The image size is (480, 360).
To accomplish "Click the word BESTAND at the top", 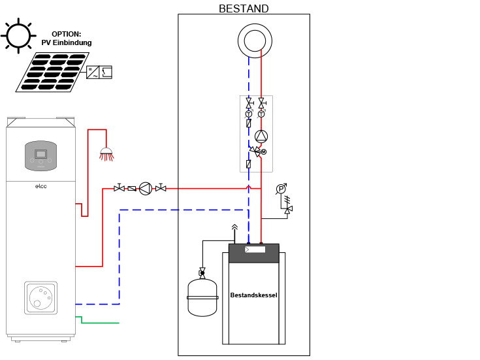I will coord(244,8).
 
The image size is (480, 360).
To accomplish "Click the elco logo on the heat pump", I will coord(40,186).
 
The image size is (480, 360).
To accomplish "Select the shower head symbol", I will coord(105,155).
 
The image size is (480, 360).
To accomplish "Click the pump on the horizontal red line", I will coord(145,188).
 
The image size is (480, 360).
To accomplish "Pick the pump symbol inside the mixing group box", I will coord(261,137).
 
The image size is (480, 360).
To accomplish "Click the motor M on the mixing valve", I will coord(264,152).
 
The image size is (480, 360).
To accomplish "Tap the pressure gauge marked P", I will coord(281,189).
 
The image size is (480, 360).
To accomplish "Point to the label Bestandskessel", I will coord(253,295).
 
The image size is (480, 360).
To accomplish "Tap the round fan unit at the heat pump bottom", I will coord(40,297).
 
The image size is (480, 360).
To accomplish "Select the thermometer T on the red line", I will coord(261,114).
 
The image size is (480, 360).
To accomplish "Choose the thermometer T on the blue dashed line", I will coord(249,114).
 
